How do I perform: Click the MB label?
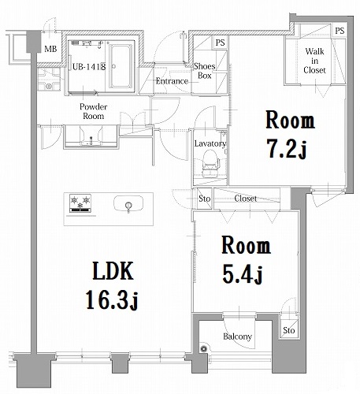click(50, 50)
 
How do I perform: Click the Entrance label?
click(171, 81)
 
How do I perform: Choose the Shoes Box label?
click(207, 72)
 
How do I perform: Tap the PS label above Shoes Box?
click(219, 43)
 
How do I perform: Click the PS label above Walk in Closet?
click(339, 31)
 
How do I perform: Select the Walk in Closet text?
click(314, 61)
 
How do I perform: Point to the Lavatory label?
click(210, 144)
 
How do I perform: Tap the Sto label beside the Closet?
click(204, 199)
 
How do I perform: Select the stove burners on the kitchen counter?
click(80, 203)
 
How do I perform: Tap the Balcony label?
click(236, 337)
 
